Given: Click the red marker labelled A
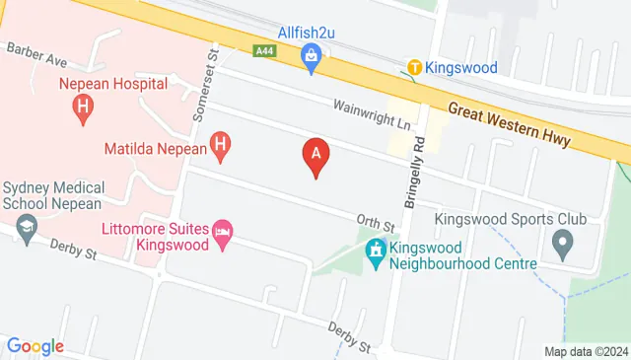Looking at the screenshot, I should (315, 155).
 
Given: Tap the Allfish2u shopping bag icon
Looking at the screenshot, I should (312, 57).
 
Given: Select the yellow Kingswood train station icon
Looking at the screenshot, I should (415, 68).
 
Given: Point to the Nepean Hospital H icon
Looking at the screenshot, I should (84, 106).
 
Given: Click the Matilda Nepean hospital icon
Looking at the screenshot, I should (222, 149).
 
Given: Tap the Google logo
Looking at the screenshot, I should (35, 346).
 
